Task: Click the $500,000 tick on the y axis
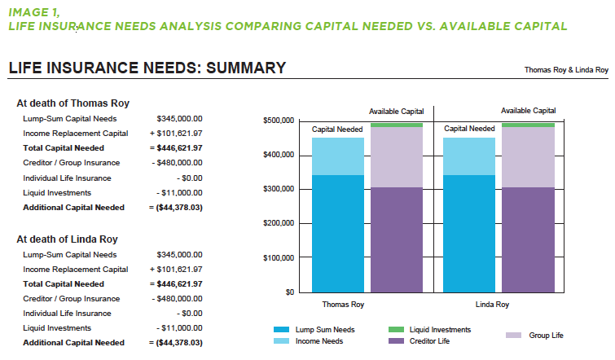click(x=279, y=121)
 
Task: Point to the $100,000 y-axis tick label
click(x=279, y=257)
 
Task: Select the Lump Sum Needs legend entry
click(x=325, y=330)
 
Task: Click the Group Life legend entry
click(x=546, y=335)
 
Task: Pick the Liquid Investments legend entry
click(x=440, y=330)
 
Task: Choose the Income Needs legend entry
click(x=318, y=341)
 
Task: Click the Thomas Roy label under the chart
click(x=343, y=305)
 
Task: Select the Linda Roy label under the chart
click(x=492, y=305)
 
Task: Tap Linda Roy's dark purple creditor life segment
click(x=527, y=239)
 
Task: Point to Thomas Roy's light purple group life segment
click(x=396, y=157)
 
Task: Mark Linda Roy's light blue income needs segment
click(x=468, y=156)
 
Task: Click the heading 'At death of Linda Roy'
click(x=68, y=239)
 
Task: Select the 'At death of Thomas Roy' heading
click(x=73, y=103)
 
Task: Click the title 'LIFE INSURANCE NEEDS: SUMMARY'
click(x=147, y=68)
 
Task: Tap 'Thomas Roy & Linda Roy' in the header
click(x=566, y=70)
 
